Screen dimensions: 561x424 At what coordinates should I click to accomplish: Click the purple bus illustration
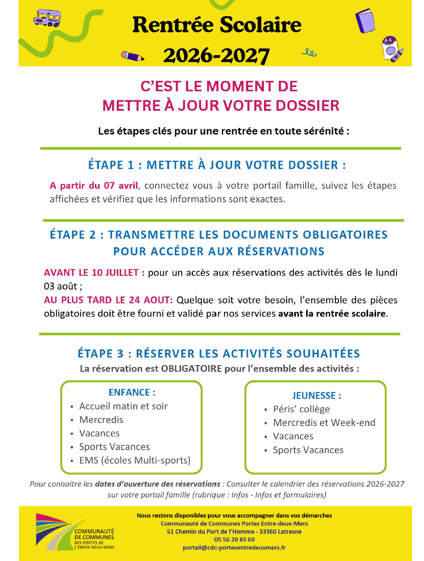[46, 19]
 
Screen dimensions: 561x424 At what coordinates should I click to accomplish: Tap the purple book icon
[365, 21]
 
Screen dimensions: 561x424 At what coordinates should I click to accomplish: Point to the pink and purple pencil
[132, 56]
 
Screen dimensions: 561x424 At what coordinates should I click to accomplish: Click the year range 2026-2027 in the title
[217, 55]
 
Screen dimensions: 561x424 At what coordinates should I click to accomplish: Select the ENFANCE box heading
[132, 393]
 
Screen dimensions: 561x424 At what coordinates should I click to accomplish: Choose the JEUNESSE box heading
[316, 396]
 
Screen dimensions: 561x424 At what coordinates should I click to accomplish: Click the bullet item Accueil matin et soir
[123, 406]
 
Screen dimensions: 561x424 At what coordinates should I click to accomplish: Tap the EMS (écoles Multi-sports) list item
[134, 460]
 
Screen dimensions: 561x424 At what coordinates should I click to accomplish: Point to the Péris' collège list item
[301, 409]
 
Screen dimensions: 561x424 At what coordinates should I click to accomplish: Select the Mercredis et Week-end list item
[324, 423]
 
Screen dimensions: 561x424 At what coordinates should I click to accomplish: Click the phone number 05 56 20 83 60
[234, 540]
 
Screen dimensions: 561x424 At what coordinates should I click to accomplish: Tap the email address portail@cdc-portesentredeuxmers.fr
[234, 548]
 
